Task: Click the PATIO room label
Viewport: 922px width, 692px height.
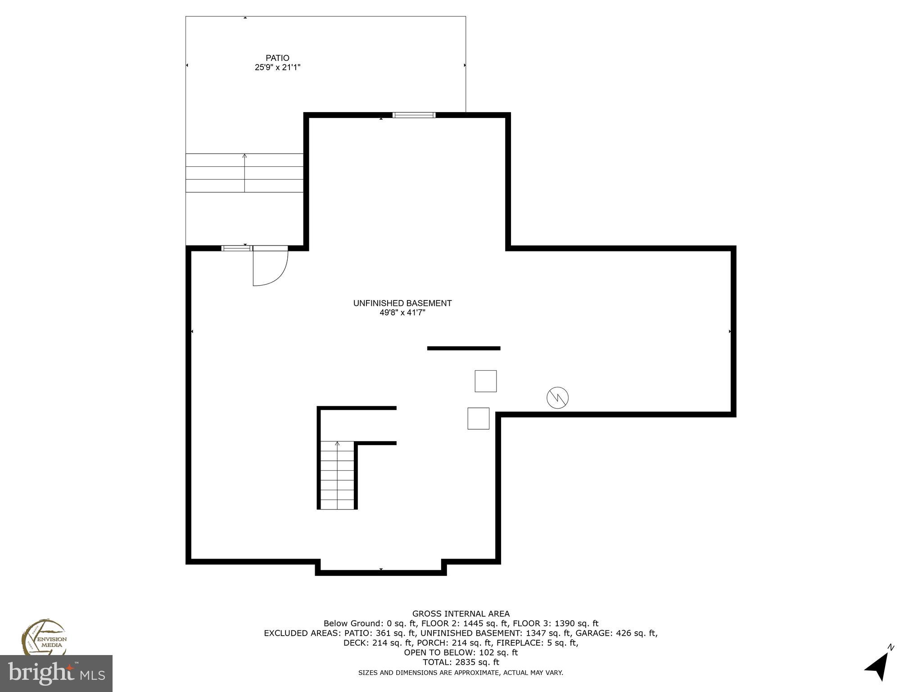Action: (277, 58)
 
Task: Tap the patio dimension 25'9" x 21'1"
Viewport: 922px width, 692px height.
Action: (277, 68)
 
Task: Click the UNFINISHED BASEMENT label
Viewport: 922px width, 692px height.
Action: (402, 303)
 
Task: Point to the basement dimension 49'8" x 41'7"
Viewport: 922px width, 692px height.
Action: (402, 313)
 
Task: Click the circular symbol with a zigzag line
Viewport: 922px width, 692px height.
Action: (557, 398)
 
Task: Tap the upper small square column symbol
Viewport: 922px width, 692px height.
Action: (485, 381)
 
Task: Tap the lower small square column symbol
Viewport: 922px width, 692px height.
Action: (478, 419)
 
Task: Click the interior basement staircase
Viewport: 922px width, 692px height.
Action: (337, 475)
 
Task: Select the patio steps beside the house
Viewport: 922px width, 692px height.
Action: (244, 173)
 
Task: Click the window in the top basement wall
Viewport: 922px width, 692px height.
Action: (414, 115)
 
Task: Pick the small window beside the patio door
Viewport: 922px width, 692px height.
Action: (236, 248)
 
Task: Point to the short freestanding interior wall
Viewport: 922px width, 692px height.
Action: (463, 348)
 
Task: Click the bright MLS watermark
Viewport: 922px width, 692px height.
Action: (56, 674)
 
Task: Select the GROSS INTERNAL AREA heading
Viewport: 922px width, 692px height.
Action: (461, 614)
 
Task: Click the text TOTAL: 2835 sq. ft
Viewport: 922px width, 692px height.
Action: (461, 662)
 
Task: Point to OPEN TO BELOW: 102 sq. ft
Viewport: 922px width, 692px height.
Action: (461, 652)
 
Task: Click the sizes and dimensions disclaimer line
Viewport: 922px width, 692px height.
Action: (461, 673)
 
